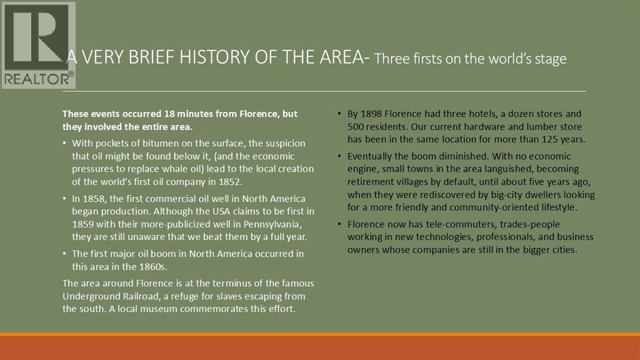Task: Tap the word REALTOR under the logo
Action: pyautogui.click(x=37, y=79)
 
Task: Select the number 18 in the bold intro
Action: pyautogui.click(x=169, y=114)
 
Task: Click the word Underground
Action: pyautogui.click(x=87, y=296)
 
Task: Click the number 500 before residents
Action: pyautogui.click(x=355, y=126)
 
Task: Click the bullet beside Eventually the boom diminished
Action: pyautogui.click(x=339, y=156)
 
